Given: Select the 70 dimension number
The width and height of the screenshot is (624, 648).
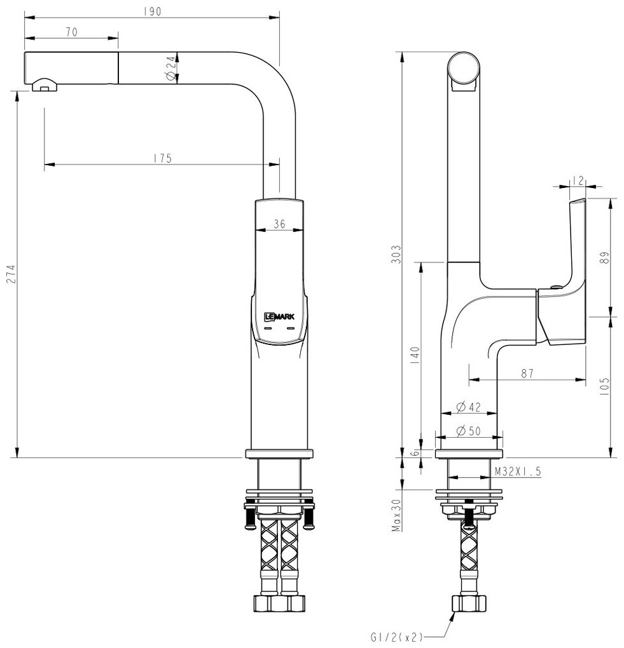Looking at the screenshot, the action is click(71, 31).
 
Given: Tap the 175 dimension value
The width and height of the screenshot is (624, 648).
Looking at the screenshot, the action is click(163, 158).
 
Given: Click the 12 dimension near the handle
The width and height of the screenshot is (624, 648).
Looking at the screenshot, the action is click(578, 180).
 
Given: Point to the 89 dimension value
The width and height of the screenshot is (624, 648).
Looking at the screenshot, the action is click(605, 257).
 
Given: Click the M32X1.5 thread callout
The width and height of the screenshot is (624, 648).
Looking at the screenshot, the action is click(517, 471).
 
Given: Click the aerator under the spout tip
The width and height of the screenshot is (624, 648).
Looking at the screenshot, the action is click(44, 84).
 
